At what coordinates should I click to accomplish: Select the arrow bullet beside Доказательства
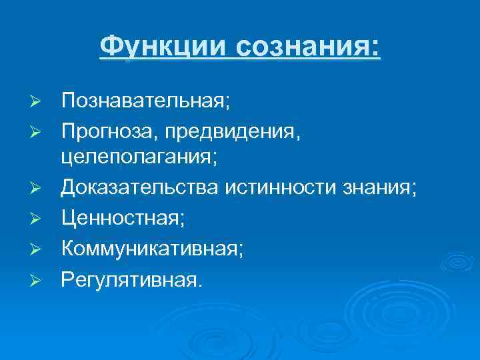[x=37, y=190]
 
